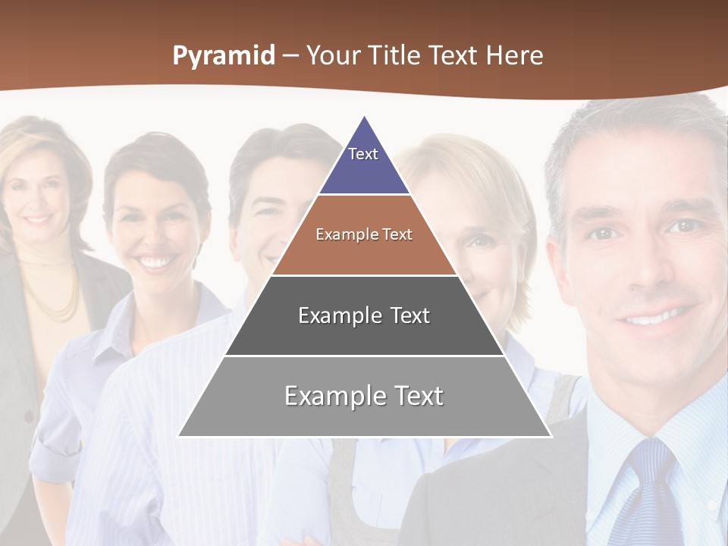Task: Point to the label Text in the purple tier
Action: pos(362,154)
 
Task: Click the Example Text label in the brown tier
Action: pos(364,234)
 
